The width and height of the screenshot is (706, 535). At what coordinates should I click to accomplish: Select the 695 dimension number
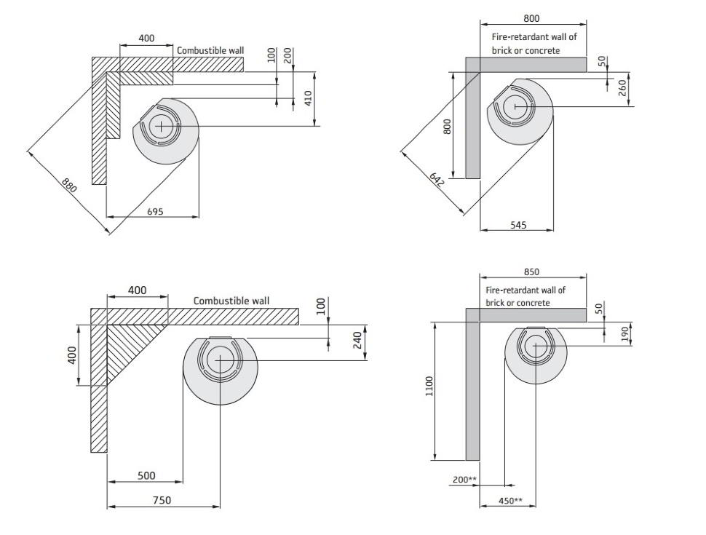[155, 211]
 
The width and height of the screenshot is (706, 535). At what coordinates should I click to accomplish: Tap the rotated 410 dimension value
[308, 98]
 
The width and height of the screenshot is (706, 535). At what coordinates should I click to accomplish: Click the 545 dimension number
[518, 225]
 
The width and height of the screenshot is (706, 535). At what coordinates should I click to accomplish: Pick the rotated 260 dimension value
[622, 87]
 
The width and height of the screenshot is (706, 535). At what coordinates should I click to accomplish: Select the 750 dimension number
[162, 500]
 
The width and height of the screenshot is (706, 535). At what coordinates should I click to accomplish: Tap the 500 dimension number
[146, 476]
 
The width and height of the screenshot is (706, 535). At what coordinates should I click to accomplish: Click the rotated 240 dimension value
[357, 339]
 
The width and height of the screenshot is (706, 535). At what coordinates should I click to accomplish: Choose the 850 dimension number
[531, 272]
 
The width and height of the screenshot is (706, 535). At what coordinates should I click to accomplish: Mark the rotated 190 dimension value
[624, 334]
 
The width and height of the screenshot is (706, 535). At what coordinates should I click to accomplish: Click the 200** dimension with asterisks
[464, 480]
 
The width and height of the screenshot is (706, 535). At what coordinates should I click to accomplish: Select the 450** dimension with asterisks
[511, 500]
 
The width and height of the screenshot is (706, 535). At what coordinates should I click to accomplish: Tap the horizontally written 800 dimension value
[531, 19]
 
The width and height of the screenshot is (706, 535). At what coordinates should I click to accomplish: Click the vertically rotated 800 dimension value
[448, 125]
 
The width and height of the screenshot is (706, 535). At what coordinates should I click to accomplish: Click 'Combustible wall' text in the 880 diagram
[210, 51]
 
